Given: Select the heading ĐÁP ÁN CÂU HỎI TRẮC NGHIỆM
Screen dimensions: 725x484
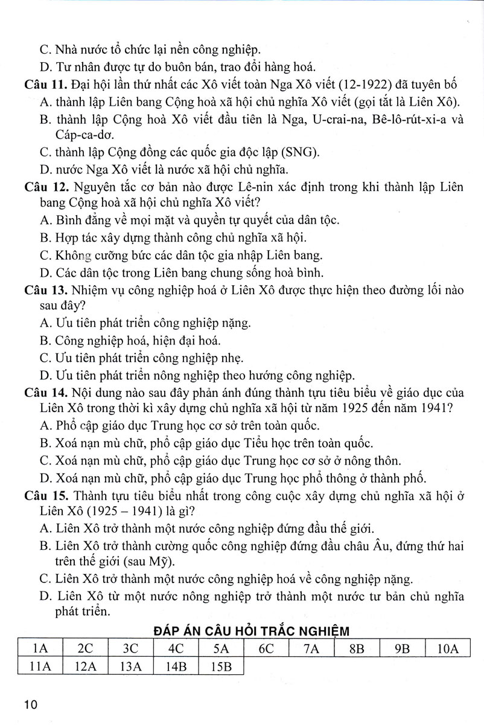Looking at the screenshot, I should click(x=251, y=631).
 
